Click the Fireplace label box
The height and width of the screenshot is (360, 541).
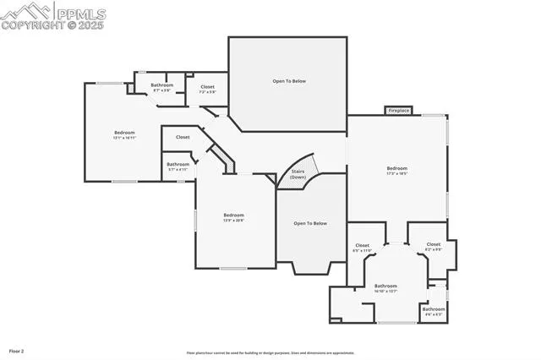pyautogui.click(x=398, y=110)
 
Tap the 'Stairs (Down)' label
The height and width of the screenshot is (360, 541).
pyautogui.click(x=298, y=174)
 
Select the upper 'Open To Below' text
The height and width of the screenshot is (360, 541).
pyautogui.click(x=288, y=81)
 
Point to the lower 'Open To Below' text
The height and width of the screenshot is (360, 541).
pyautogui.click(x=309, y=223)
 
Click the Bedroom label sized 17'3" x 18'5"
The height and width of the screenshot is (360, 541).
pyautogui.click(x=396, y=170)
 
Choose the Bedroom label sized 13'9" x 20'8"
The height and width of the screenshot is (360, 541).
pyautogui.click(x=233, y=217)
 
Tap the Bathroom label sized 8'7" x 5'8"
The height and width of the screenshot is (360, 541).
pyautogui.click(x=161, y=87)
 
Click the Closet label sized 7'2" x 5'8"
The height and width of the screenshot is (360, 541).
pyautogui.click(x=207, y=88)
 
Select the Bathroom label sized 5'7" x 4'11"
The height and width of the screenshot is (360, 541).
pyautogui.click(x=178, y=166)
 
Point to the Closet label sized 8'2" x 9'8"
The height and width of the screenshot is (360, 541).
pyautogui.click(x=433, y=246)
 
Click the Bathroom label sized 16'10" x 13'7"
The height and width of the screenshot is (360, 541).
pyautogui.click(x=385, y=287)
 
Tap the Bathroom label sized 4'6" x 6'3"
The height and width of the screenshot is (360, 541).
pyautogui.click(x=433, y=310)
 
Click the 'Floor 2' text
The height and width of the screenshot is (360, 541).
pyautogui.click(x=16, y=350)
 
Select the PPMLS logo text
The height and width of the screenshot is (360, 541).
pyautogui.click(x=79, y=12)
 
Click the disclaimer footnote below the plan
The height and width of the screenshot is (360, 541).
pyautogui.click(x=270, y=353)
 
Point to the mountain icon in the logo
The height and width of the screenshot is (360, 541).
pyautogui.click(x=26, y=11)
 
